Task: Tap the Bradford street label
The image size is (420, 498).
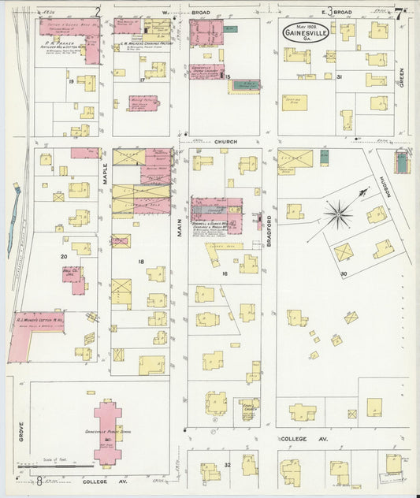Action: pos(269,231)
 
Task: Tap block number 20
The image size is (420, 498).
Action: pos(64,256)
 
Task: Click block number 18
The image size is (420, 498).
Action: pos(141,262)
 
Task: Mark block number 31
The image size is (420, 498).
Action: pos(339,76)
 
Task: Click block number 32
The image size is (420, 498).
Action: pos(226,465)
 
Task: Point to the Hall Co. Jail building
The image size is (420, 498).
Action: pos(72,277)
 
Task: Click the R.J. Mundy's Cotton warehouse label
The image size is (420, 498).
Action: pos(36,321)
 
